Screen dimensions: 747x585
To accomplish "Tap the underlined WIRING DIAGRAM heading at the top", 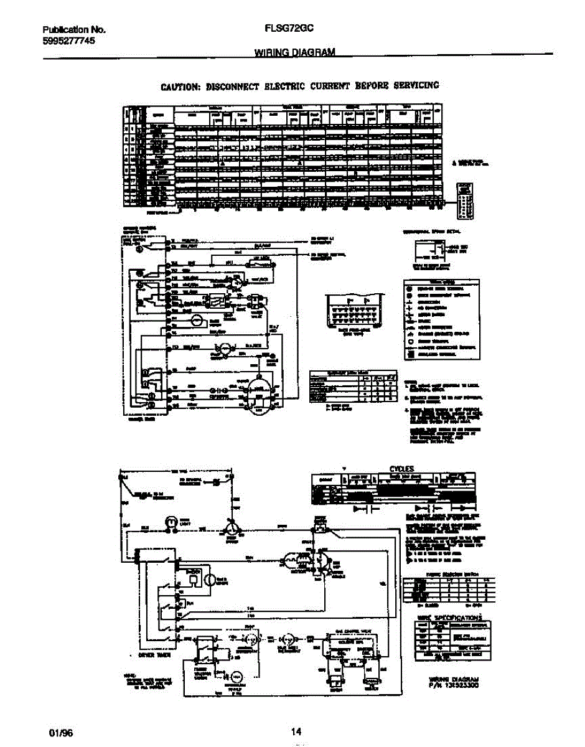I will pyautogui.click(x=295, y=53).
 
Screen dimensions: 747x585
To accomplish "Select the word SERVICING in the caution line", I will pyautogui.click(x=416, y=85).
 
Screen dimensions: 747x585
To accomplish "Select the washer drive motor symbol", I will pyautogui.click(x=257, y=393).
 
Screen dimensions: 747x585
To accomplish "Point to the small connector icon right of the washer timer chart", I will pyautogui.click(x=466, y=200).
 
